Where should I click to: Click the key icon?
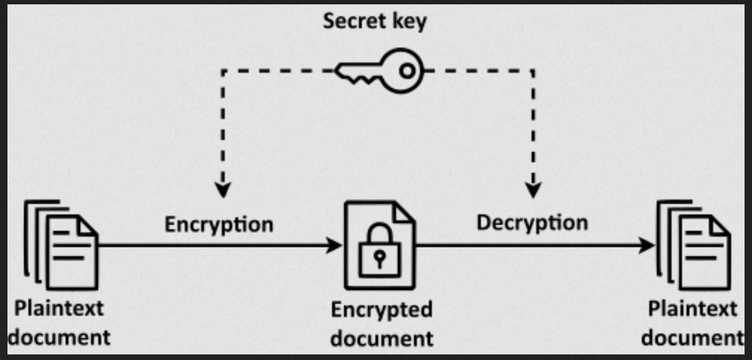click(x=380, y=70)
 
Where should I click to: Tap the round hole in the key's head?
click(x=406, y=70)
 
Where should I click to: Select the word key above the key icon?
click(x=411, y=22)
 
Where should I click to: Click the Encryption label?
click(x=218, y=223)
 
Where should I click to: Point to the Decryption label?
click(x=532, y=222)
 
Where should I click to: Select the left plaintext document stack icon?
click(x=61, y=245)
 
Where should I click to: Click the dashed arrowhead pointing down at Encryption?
click(x=222, y=189)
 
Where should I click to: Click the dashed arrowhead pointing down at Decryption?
click(x=533, y=189)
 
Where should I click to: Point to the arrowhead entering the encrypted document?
click(x=335, y=245)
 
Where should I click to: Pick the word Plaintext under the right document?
click(x=692, y=309)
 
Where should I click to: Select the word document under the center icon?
click(x=381, y=338)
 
